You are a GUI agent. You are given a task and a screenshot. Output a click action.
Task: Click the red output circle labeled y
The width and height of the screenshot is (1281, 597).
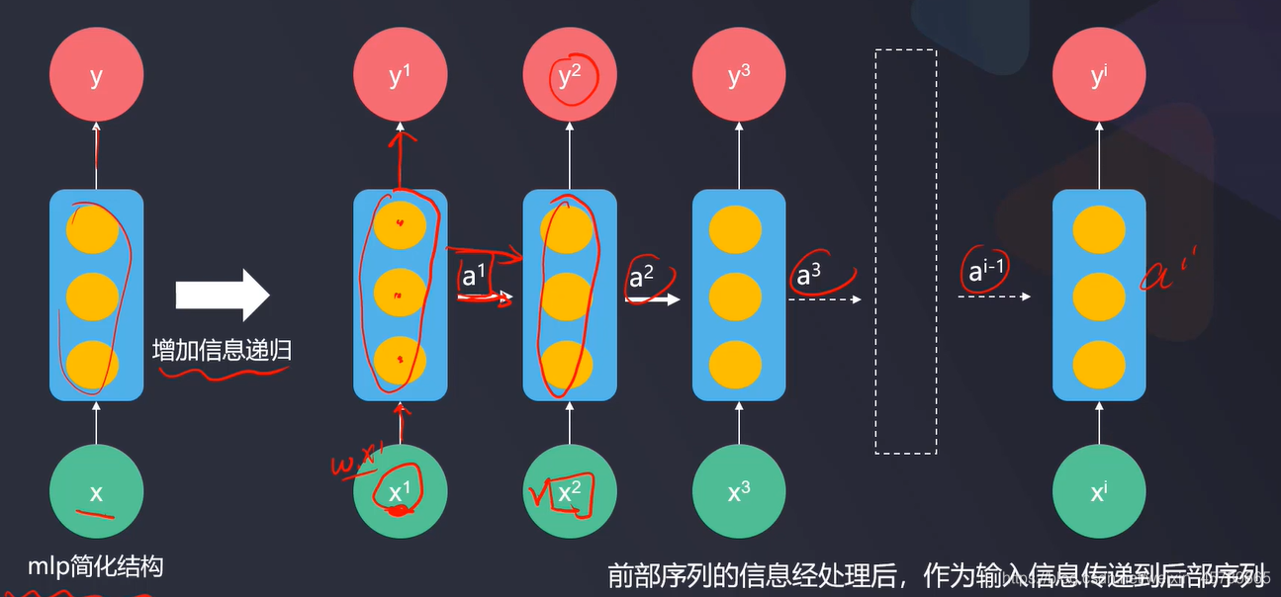click(x=96, y=75)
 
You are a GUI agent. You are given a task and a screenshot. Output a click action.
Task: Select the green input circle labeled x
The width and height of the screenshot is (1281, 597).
click(x=96, y=492)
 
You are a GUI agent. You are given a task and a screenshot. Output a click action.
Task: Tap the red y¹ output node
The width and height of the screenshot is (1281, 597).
click(x=400, y=75)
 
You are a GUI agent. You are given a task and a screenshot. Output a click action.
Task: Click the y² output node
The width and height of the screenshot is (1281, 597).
click(x=569, y=75)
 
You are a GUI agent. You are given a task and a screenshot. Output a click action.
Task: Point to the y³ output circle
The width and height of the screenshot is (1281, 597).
click(x=739, y=75)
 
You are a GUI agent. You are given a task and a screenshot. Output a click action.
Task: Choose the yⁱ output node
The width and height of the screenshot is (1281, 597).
click(x=1098, y=75)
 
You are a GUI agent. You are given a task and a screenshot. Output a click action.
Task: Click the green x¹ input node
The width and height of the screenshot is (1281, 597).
click(x=400, y=492)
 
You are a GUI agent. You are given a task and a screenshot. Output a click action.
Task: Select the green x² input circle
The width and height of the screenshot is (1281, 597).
click(x=569, y=492)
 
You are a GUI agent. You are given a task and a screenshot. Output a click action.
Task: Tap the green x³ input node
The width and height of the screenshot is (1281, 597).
click(x=739, y=492)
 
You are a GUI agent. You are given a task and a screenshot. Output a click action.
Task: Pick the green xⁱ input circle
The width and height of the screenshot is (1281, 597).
click(x=1098, y=492)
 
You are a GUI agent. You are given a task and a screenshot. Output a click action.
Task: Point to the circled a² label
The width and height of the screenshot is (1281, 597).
click(x=642, y=277)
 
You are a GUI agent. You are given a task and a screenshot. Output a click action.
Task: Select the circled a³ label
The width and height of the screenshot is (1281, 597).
click(x=810, y=277)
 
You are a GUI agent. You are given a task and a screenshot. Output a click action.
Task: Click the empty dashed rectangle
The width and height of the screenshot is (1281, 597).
click(x=905, y=251)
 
